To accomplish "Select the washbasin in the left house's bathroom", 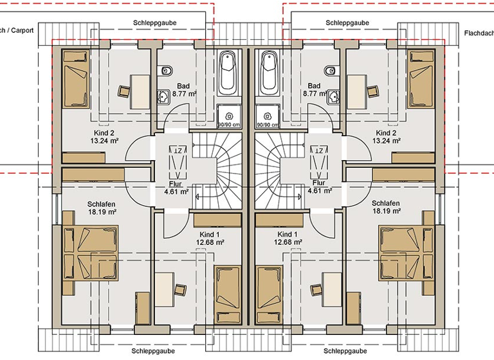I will tap(163, 97).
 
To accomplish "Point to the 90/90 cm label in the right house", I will tap(266, 125).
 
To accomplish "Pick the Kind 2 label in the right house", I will tap(387, 132).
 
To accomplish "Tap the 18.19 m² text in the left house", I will tap(102, 212).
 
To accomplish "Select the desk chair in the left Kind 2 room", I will tap(123, 92).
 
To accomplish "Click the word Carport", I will tap(23, 30).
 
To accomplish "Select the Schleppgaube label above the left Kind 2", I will tap(155, 22).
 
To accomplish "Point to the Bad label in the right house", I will tap(314, 85).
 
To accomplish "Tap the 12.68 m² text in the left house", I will tap(210, 243).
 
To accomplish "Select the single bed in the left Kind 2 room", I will tap(76, 79).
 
